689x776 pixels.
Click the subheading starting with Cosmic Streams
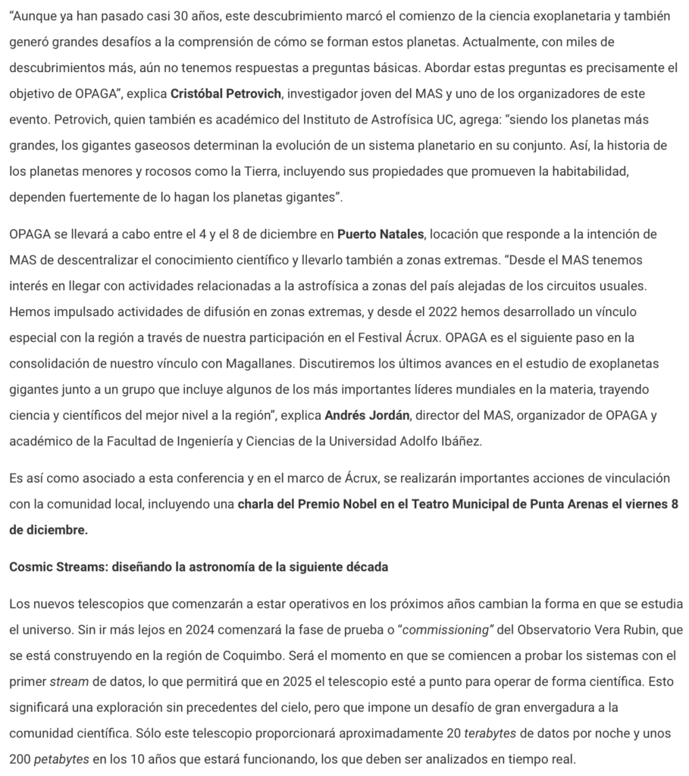pos(199,567)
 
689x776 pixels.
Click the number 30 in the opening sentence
pos(180,17)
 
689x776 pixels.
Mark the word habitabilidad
pos(581,171)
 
